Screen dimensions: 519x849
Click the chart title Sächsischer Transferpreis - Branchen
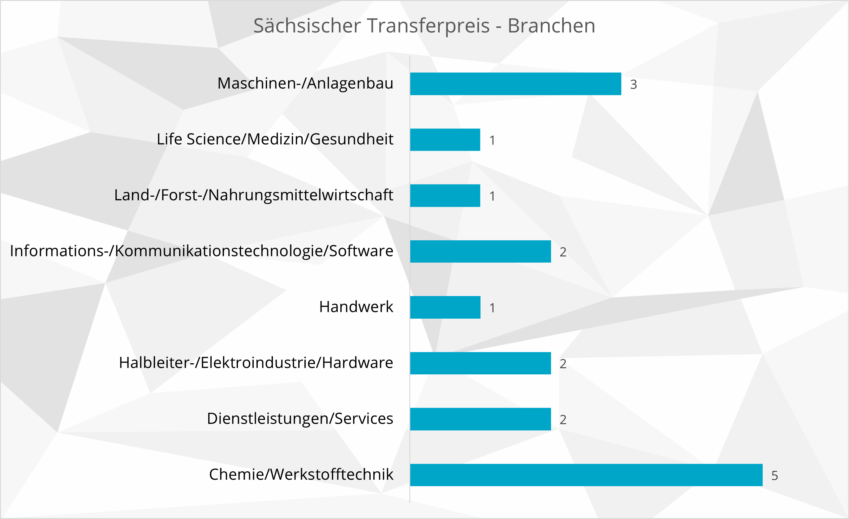(x=424, y=26)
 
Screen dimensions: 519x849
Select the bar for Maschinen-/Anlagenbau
(x=515, y=84)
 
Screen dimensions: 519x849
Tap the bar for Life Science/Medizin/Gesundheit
(x=445, y=140)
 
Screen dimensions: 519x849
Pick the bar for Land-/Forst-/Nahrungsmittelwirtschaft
(x=445, y=195)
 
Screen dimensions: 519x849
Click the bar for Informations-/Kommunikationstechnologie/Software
(x=480, y=251)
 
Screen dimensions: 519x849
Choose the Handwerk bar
(x=445, y=307)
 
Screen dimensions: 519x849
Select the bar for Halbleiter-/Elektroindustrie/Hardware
(x=480, y=363)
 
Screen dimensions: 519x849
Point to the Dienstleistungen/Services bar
(x=480, y=419)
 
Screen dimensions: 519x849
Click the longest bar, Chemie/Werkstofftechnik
(x=586, y=475)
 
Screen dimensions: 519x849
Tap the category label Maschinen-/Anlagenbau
(x=305, y=83)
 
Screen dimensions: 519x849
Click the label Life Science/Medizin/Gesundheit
(x=275, y=139)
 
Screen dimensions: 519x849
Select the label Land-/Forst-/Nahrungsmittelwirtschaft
(x=254, y=195)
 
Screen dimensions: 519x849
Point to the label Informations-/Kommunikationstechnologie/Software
(x=201, y=251)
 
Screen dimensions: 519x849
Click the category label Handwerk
(x=356, y=307)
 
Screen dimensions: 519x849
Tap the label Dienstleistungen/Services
(x=300, y=419)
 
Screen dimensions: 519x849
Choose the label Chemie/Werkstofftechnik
(x=301, y=474)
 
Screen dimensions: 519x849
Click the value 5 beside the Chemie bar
(x=774, y=476)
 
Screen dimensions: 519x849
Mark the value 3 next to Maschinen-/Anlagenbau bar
(x=633, y=85)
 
